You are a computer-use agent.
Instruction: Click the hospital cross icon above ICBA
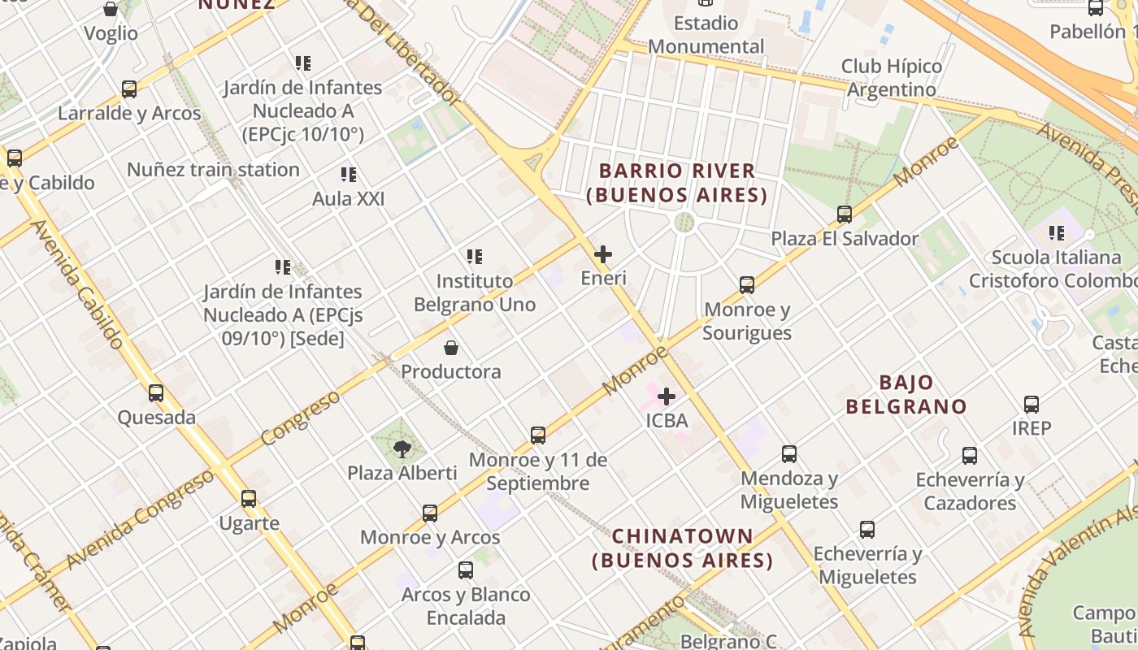[x=667, y=396]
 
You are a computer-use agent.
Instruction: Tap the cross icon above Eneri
[x=603, y=254]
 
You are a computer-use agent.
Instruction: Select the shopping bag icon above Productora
[x=451, y=348]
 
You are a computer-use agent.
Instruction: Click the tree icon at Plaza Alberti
[x=402, y=448]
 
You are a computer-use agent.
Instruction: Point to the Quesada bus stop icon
[x=156, y=393]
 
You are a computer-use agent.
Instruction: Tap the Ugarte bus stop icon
[x=249, y=499]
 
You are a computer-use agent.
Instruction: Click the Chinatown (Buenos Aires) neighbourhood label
[x=683, y=548]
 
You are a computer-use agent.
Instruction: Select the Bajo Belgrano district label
[x=906, y=394]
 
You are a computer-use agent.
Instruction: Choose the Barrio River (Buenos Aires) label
[x=677, y=183]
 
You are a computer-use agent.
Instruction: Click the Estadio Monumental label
[x=706, y=34]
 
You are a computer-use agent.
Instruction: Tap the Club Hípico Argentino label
[x=892, y=77]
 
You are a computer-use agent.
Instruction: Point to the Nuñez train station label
[x=213, y=170]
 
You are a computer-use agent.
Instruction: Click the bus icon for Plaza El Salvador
[x=845, y=214]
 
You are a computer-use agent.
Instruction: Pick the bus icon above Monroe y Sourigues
[x=747, y=285]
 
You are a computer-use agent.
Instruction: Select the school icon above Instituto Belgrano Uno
[x=475, y=257]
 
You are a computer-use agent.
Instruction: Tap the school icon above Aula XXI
[x=349, y=175]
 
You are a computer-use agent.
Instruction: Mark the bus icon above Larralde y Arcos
[x=129, y=89]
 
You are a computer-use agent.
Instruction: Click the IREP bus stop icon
[x=1032, y=404]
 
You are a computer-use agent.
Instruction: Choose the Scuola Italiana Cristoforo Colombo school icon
[x=1057, y=233]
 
